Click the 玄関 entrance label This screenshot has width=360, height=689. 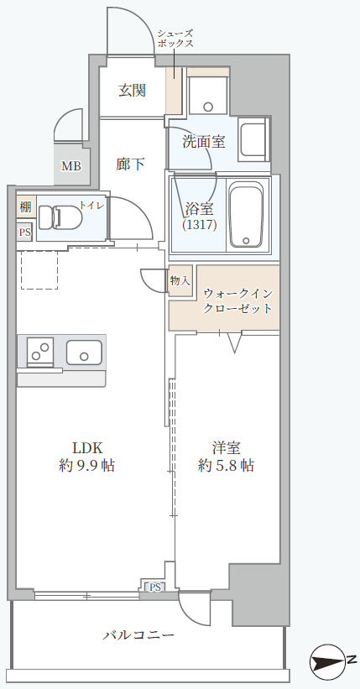click(133, 90)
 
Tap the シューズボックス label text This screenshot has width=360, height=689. click(176, 37)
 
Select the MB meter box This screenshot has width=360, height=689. click(71, 165)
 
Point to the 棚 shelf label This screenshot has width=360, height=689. click(24, 206)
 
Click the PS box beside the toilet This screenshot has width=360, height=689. click(24, 232)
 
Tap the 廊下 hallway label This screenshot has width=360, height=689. click(131, 164)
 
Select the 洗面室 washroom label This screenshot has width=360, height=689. click(204, 141)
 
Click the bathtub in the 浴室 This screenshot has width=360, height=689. click(247, 216)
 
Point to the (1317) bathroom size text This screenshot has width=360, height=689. click(200, 224)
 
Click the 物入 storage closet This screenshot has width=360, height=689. click(180, 281)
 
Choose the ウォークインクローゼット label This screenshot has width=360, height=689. click(238, 300)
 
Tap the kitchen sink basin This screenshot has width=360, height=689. click(84, 353)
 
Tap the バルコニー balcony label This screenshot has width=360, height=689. click(138, 635)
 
